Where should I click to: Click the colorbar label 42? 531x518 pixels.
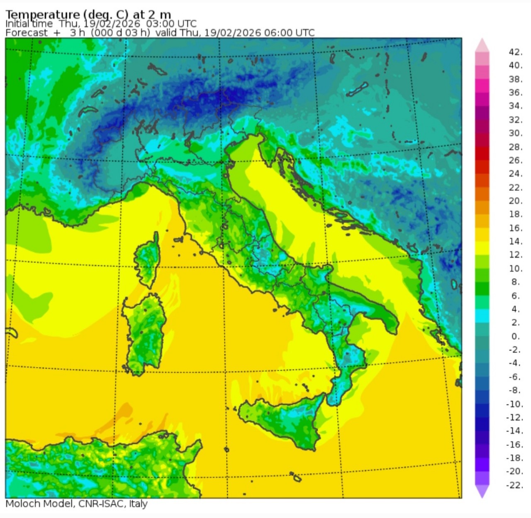click(x=515, y=52)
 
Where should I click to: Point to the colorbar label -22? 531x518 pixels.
click(x=514, y=485)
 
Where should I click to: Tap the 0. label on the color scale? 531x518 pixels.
click(x=515, y=336)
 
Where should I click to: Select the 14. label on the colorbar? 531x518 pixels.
click(x=515, y=241)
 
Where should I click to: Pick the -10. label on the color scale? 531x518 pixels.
click(x=514, y=404)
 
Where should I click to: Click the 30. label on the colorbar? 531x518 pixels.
click(x=515, y=133)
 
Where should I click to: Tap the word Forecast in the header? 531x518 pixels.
click(x=27, y=33)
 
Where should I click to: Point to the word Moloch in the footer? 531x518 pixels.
click(x=23, y=504)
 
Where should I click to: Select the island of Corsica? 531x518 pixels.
click(x=148, y=259)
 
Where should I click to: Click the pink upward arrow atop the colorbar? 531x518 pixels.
click(x=482, y=45)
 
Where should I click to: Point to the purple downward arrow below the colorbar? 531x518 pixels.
click(x=482, y=491)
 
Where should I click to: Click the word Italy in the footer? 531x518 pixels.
click(x=138, y=504)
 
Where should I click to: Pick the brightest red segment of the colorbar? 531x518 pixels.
click(x=482, y=153)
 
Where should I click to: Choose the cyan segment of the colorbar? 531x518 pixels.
click(x=482, y=316)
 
